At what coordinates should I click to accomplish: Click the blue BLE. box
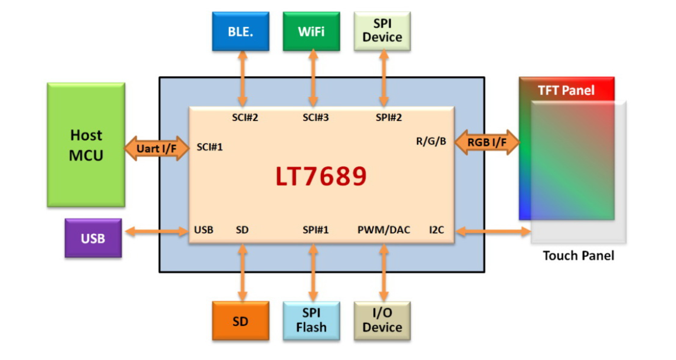[241, 31]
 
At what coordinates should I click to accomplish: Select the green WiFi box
[311, 31]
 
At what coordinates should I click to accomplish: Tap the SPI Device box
[382, 31]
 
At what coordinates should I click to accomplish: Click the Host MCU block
[86, 145]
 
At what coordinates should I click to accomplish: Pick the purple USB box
[93, 238]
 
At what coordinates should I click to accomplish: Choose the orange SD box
[241, 322]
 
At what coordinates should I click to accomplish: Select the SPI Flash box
[311, 322]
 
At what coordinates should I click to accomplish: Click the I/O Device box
[382, 322]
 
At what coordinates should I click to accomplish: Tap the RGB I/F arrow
[487, 142]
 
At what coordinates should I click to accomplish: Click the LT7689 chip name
[321, 176]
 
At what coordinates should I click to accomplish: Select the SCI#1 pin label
[209, 147]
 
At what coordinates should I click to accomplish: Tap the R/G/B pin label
[431, 142]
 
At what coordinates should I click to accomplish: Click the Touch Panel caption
[578, 256]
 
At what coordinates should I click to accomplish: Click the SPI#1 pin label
[316, 230]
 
